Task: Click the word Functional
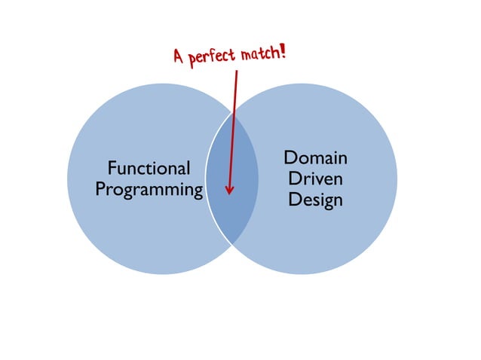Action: pos(149,167)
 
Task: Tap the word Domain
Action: pos(315,158)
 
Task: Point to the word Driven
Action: pos(315,179)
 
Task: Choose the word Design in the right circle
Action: pos(315,200)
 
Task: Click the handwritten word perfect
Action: pos(213,56)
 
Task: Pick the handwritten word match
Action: pos(261,53)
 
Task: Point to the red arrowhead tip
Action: pos(228,194)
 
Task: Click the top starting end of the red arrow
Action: pos(237,72)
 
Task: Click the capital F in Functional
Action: pos(112,167)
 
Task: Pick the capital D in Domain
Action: pos(290,158)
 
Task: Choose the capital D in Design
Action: pos(293,200)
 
